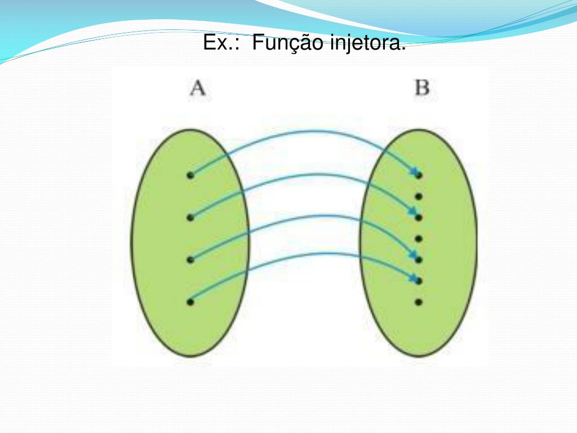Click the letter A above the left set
pos(197,89)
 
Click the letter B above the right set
pos(422,89)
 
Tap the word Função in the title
pos(287,43)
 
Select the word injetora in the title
pos(366,43)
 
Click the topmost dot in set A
pos(190,175)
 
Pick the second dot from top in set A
pos(190,217)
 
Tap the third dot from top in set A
pos(190,259)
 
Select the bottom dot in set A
pos(190,302)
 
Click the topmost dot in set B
pos(419,175)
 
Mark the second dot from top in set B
pos(419,197)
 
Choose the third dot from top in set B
pos(419,217)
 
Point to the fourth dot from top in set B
pos(419,238)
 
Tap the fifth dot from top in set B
pos(419,259)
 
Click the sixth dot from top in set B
pos(419,280)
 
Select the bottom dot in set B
pos(419,302)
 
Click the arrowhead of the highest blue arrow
pos(414,171)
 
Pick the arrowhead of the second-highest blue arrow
pos(414,213)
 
